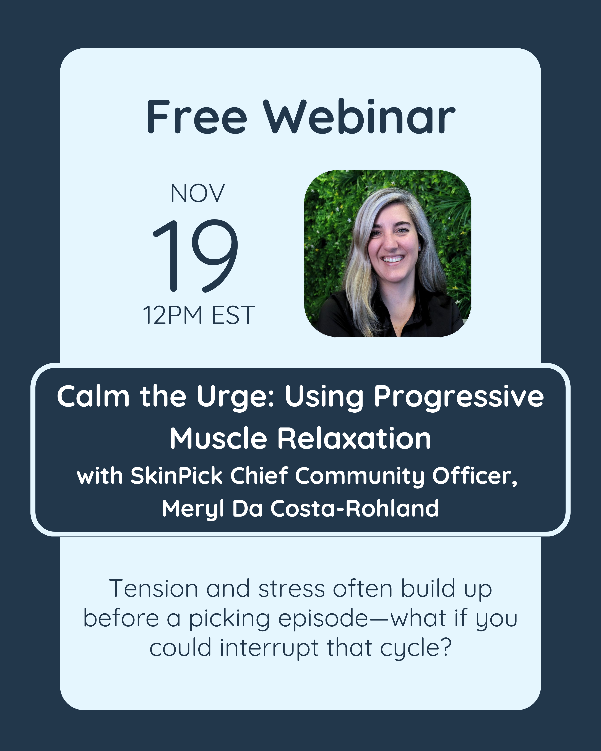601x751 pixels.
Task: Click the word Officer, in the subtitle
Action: click(x=475, y=476)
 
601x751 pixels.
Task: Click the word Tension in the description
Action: click(x=154, y=589)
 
